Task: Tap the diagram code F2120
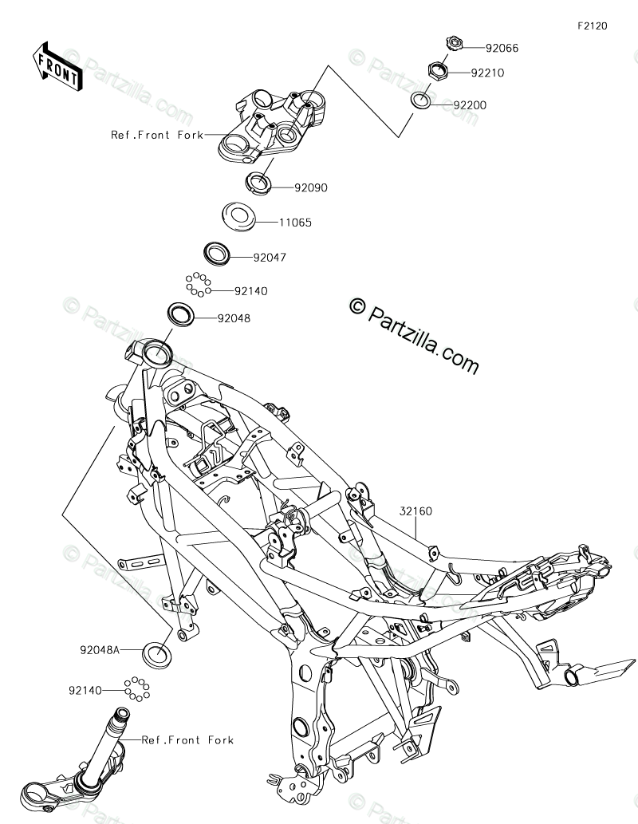(x=593, y=26)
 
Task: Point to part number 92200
(x=470, y=104)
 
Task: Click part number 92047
(x=270, y=258)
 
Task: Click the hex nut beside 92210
(x=438, y=70)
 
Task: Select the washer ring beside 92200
(x=422, y=101)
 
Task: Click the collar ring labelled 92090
(x=258, y=182)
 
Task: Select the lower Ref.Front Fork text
(x=187, y=740)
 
